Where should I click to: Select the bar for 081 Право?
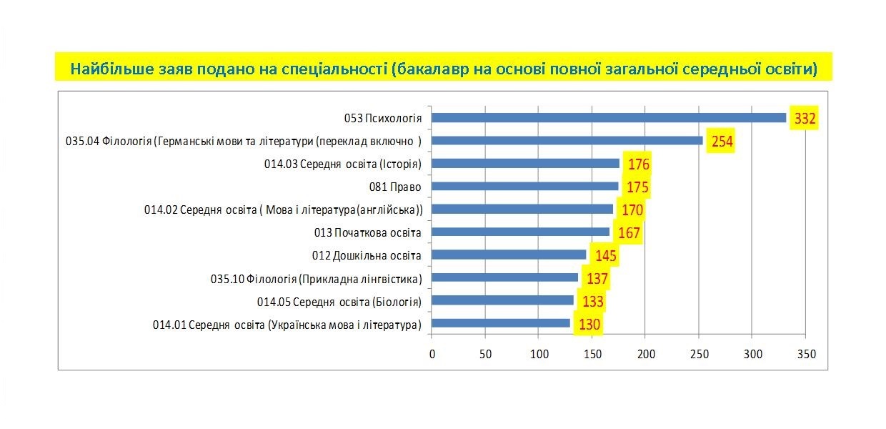(525, 186)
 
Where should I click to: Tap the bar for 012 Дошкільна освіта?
(509, 255)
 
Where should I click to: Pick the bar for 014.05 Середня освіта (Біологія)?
(503, 300)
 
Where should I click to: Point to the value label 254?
(722, 142)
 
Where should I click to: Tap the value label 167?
(629, 233)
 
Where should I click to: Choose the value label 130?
(589, 325)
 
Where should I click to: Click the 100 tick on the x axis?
(539, 354)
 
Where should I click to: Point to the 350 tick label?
(806, 354)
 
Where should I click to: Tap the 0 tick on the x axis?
(432, 354)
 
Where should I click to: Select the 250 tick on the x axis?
(699, 354)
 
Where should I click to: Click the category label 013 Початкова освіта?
(367, 232)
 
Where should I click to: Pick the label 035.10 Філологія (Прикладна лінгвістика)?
(316, 278)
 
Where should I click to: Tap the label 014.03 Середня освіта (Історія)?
(342, 164)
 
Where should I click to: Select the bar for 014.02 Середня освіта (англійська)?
(522, 209)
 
